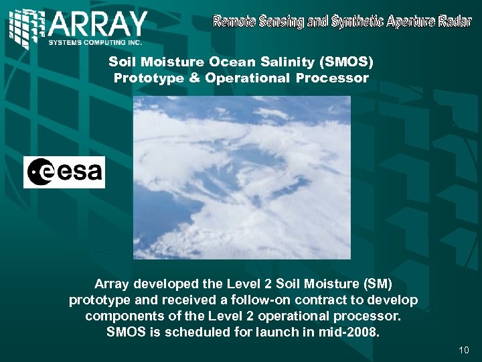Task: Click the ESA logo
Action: (64, 172)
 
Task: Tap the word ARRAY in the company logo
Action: (98, 25)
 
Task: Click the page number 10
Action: (465, 350)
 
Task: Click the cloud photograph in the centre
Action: (241, 177)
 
